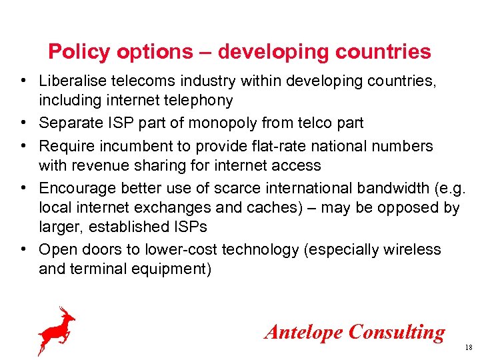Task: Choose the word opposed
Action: (409, 207)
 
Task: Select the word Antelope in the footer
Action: (304, 331)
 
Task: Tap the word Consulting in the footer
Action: (397, 331)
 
